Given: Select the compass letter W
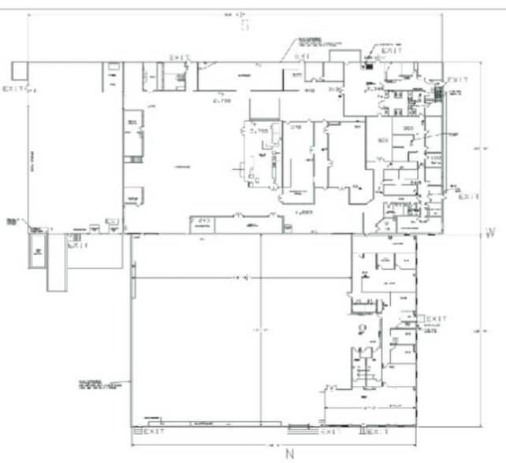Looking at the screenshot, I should point(489,233).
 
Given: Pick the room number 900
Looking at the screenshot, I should point(408,128).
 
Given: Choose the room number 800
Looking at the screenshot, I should point(384,141).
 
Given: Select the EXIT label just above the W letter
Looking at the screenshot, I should point(470,197).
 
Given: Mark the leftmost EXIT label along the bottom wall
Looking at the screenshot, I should point(154,432).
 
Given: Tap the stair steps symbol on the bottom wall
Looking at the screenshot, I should point(300,430).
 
